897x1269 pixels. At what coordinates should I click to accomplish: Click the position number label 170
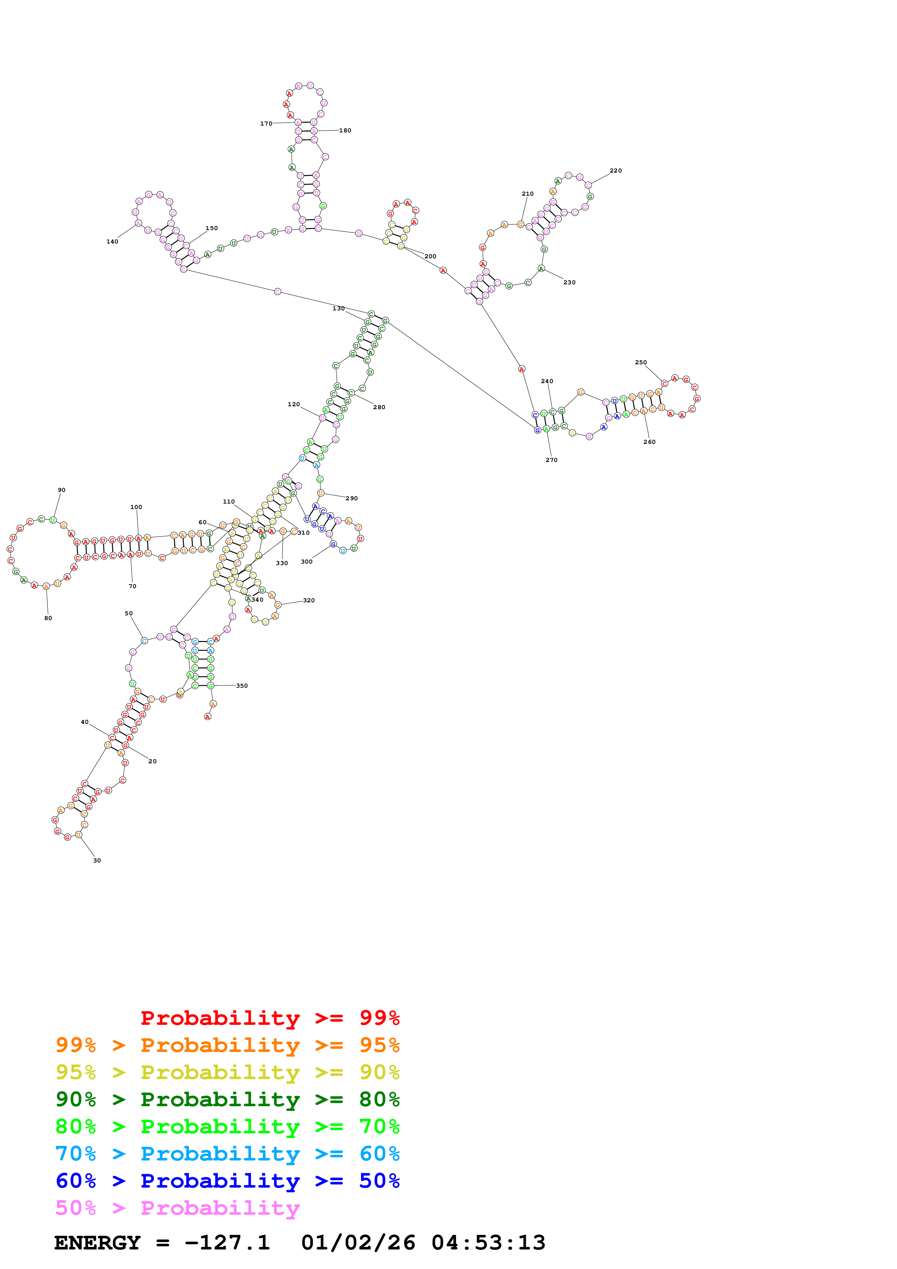pos(266,124)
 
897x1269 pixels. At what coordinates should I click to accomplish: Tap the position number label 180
pos(345,131)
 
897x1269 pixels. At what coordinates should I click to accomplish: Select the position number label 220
pos(616,171)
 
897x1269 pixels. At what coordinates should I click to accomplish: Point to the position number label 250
pos(640,362)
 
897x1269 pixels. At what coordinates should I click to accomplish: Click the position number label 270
pos(551,460)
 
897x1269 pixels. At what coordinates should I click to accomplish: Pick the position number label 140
pos(112,242)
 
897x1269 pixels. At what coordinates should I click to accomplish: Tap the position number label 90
pos(62,490)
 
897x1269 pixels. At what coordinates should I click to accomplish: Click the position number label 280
pos(379,407)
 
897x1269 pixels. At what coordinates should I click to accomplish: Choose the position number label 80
pos(48,618)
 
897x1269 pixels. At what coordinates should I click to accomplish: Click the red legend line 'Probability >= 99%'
pos(270,1018)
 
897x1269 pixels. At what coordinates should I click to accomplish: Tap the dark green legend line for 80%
pos(227,1099)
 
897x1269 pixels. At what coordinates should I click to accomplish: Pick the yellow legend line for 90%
pos(227,1072)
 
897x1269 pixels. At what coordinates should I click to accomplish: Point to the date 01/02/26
pos(358,1243)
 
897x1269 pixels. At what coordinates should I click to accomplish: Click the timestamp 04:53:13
pos(488,1243)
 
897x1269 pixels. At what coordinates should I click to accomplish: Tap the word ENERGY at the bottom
pos(97,1243)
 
